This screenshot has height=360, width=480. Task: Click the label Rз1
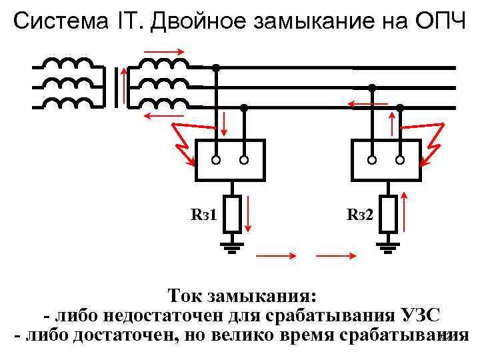coord(204,215)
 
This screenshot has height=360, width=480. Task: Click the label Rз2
coord(360,215)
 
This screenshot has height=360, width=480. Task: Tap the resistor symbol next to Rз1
coord(231,214)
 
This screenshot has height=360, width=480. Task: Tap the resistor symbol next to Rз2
coord(387,214)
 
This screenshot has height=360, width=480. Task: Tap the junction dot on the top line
coord(216,67)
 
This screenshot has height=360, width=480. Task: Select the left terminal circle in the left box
coord(216,160)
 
